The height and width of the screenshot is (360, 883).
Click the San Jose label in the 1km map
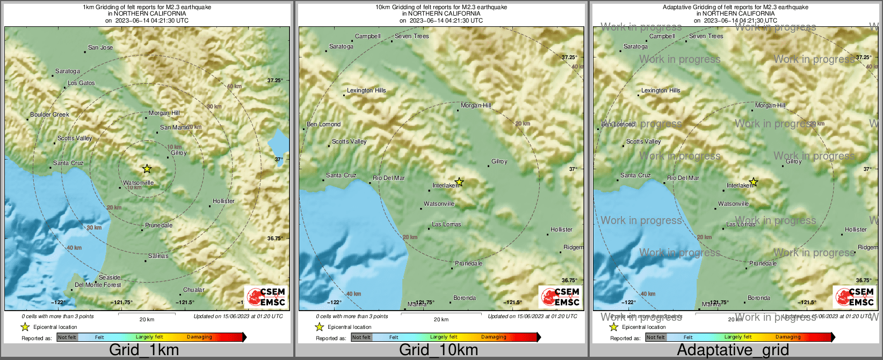coord(100,47)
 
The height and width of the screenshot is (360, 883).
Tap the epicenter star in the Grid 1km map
coord(147,169)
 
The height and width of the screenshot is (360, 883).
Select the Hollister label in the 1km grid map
coord(223,201)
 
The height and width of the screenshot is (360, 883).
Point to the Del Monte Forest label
coord(98,285)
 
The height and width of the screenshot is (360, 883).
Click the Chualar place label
coord(193,290)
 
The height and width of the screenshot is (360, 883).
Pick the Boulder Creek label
coord(49,114)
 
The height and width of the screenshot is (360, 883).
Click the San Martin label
coord(175,127)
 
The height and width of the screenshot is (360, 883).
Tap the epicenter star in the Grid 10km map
coord(459,182)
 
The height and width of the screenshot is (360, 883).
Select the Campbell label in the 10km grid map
coord(367,36)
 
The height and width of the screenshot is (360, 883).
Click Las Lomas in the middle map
coord(446,224)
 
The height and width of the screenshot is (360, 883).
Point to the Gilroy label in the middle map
coord(499,161)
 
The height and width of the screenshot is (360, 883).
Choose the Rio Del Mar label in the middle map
coord(389,178)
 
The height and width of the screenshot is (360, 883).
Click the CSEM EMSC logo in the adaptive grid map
coord(853,297)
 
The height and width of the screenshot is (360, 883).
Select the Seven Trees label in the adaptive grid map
coord(706,36)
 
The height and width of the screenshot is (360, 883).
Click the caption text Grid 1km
coord(144,350)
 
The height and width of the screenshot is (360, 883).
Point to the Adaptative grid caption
coord(733,350)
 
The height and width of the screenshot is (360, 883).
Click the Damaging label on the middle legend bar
coord(494,337)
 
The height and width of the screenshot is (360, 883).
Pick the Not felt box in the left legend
coord(67,337)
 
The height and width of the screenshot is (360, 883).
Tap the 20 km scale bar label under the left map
coord(147,319)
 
